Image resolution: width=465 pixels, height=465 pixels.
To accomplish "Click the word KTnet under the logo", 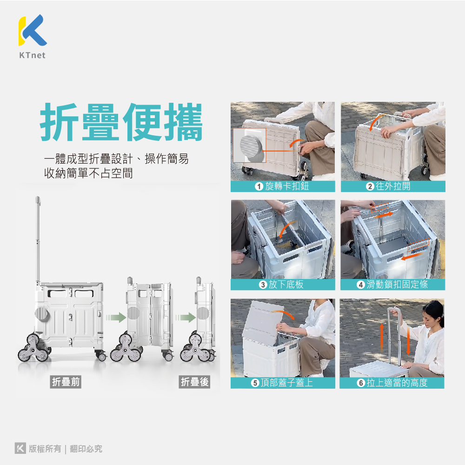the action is [33, 55].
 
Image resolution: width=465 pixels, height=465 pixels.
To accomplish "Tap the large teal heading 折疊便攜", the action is [121, 122].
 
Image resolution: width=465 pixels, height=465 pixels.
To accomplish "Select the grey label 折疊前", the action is [66, 382].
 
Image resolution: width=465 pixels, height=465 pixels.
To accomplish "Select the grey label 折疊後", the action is [194, 382].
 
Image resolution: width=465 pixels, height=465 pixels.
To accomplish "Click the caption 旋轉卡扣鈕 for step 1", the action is [287, 186].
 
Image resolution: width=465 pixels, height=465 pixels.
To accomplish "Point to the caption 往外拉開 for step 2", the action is [393, 186].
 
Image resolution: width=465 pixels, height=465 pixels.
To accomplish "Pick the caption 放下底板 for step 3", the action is [286, 285].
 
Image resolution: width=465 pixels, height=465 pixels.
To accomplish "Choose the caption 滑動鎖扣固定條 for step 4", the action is [397, 285].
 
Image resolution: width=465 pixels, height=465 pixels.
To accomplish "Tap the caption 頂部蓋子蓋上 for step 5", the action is [287, 383].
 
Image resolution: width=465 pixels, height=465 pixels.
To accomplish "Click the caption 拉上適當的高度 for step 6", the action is [397, 383].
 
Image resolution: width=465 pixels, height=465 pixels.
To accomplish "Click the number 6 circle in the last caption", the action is [361, 383].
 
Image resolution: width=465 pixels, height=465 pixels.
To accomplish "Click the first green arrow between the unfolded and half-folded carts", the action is [116, 317].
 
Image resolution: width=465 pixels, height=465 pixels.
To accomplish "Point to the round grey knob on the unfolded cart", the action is [42, 314].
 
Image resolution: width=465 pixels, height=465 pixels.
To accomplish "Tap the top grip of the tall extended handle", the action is [38, 200].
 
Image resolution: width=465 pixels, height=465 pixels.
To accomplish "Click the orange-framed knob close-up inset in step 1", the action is [249, 145].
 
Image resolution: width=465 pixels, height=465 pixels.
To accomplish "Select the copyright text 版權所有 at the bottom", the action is [45, 449].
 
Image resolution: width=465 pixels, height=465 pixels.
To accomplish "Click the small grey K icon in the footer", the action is [20, 448].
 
